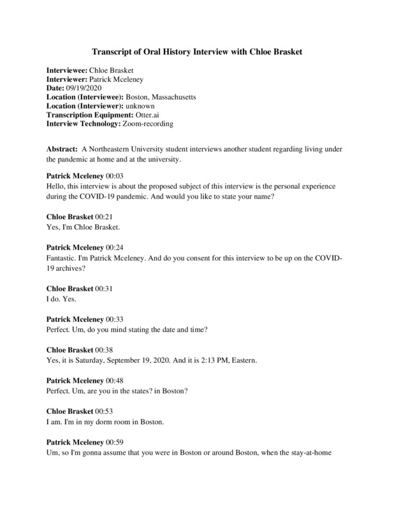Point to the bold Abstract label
[62, 148]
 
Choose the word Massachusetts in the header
[170, 97]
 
